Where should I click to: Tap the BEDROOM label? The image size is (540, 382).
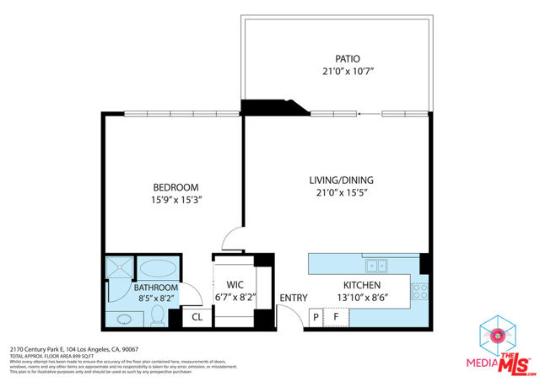[x=175, y=187]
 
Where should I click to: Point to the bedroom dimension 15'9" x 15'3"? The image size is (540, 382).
[x=175, y=201]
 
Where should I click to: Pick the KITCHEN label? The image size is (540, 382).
[x=361, y=286]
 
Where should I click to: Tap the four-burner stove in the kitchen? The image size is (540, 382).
[x=419, y=291]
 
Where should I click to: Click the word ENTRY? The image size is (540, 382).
[x=294, y=298]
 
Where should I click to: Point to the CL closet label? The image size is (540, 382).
[x=197, y=318]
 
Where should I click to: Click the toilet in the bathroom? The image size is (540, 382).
[x=157, y=317]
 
